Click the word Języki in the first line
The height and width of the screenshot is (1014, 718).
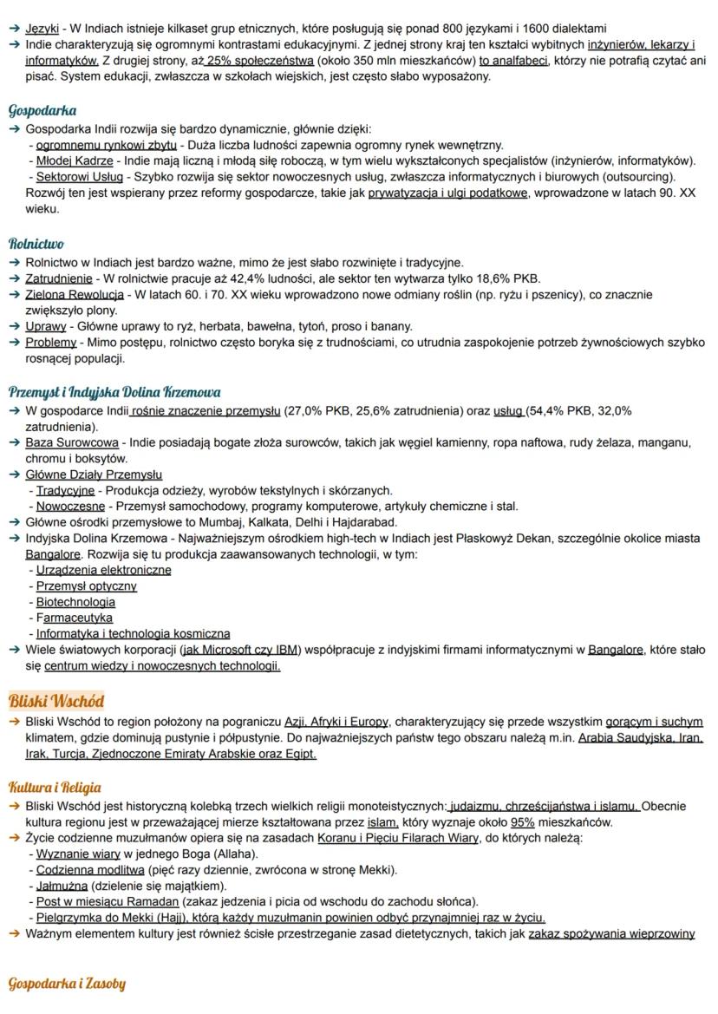pyautogui.click(x=42, y=29)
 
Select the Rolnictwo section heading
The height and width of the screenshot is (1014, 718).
pyautogui.click(x=36, y=244)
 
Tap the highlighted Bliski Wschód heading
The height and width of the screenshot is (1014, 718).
pyautogui.click(x=55, y=700)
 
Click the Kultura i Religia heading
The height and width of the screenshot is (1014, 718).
pyautogui.click(x=55, y=788)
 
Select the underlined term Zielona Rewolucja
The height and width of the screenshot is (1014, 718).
pyautogui.click(x=75, y=295)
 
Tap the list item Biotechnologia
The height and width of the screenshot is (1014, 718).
pyautogui.click(x=75, y=602)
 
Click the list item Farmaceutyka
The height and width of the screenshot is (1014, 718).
pyautogui.click(x=75, y=618)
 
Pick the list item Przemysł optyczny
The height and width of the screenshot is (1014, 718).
pyautogui.click(x=86, y=586)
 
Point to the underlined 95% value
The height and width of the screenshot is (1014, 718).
pyautogui.click(x=522, y=822)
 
